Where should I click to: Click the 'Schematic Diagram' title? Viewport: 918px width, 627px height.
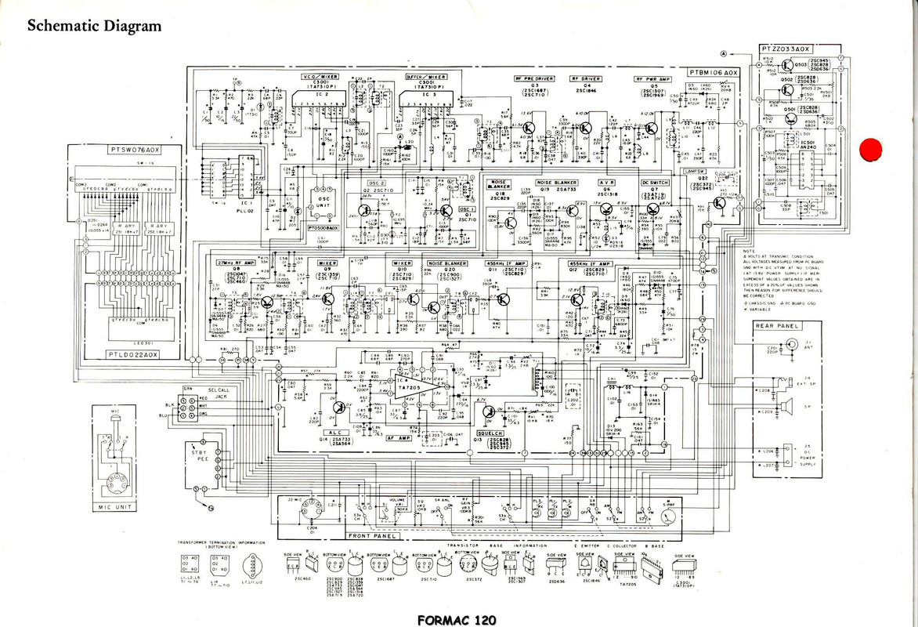pyautogui.click(x=94, y=26)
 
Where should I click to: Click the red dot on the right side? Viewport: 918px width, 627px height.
pyautogui.click(x=869, y=149)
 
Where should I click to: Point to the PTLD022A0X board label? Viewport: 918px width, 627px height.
pyautogui.click(x=133, y=355)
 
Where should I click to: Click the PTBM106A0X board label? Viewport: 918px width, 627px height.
pyautogui.click(x=713, y=72)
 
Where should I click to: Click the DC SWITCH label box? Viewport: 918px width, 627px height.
pyautogui.click(x=655, y=183)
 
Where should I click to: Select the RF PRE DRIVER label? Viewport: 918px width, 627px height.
pyautogui.click(x=533, y=79)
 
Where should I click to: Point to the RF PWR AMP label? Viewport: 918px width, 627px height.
pyautogui.click(x=655, y=79)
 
